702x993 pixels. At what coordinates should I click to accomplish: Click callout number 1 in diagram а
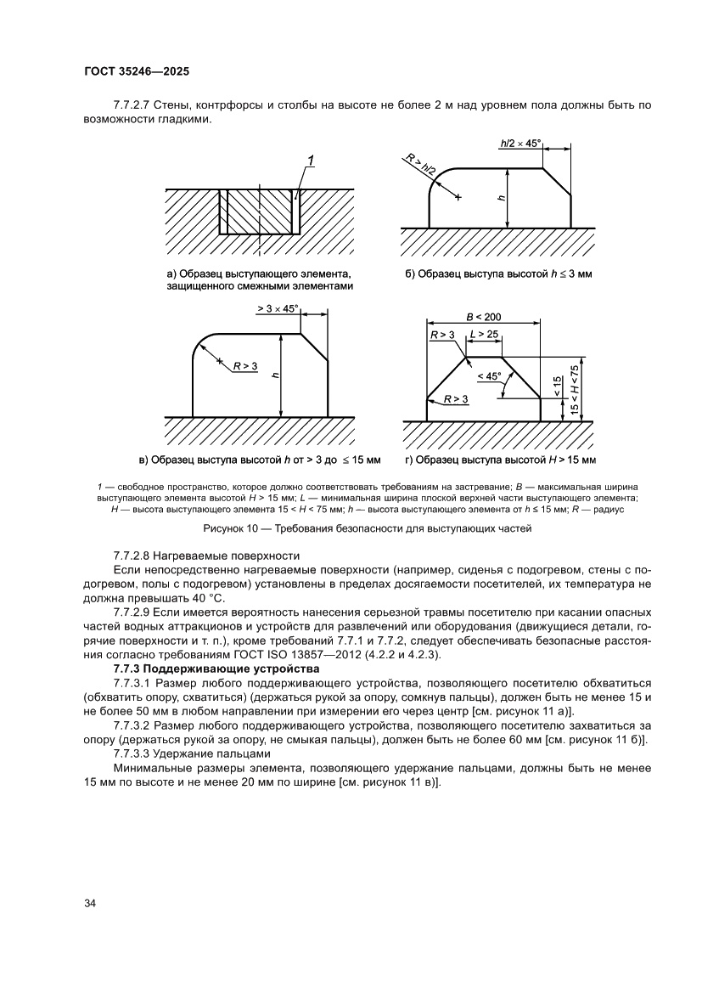coord(312,161)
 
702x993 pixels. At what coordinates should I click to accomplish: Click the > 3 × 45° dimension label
coord(278,309)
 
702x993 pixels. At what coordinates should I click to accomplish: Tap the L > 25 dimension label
coord(484,336)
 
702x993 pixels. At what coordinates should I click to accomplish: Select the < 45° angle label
coord(489,375)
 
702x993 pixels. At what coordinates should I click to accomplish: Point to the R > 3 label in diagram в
coord(245,366)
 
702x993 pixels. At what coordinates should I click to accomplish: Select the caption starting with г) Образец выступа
coord(501,460)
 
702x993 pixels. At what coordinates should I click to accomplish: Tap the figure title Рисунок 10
coord(367,528)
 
